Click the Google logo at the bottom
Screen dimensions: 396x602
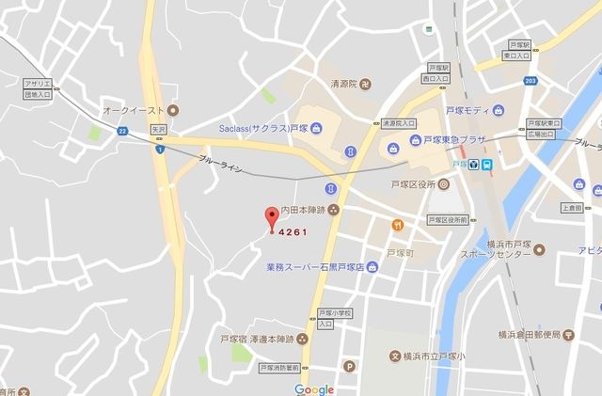click(x=313, y=388)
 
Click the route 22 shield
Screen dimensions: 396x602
click(x=122, y=133)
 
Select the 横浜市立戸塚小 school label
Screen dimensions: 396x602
click(x=437, y=356)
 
